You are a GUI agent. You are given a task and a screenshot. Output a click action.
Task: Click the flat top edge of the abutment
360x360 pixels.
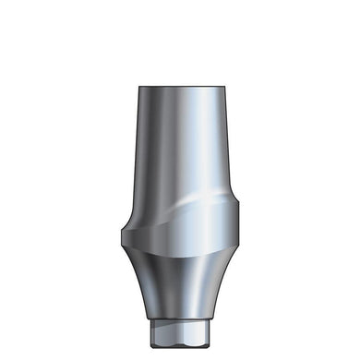pyautogui.click(x=180, y=87)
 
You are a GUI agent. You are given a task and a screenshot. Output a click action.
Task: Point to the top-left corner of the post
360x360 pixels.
pyautogui.click(x=139, y=89)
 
